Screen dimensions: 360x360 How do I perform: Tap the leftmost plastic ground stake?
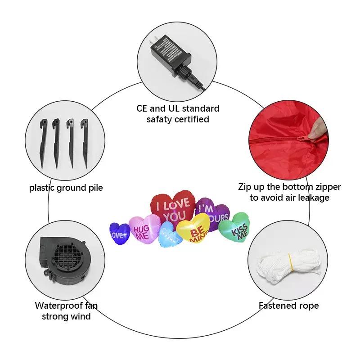(44, 142)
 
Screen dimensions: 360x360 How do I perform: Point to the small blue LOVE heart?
(119, 232)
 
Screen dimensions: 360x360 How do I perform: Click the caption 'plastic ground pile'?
(66, 188)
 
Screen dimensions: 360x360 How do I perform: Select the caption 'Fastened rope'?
(288, 306)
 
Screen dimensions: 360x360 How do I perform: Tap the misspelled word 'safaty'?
(161, 119)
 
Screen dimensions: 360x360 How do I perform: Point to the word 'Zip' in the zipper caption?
(246, 187)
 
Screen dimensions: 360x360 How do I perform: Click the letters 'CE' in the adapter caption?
(143, 108)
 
